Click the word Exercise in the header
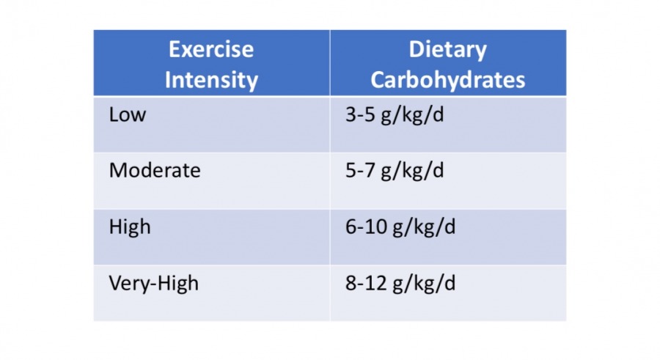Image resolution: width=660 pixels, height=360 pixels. tap(211, 50)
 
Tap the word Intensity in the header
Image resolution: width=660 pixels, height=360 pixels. tap(211, 79)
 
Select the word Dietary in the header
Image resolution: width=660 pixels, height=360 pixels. tap(447, 50)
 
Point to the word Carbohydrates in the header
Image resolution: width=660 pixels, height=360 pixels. tap(447, 79)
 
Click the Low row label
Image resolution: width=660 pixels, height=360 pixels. tap(127, 115)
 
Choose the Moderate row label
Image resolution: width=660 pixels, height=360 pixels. tap(154, 171)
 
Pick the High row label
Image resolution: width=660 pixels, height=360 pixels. tap(129, 227)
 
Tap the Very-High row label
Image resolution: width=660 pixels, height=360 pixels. tap(153, 283)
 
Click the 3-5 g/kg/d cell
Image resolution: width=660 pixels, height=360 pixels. tap(395, 116)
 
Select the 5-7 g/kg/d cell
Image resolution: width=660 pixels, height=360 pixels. tap(395, 172)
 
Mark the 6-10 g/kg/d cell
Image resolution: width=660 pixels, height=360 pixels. tap(400, 227)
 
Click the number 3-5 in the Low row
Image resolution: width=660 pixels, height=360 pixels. tap(359, 115)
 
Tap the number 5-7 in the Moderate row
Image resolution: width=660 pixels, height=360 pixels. tap(359, 171)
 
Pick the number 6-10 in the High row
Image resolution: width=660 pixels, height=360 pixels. tap(365, 227)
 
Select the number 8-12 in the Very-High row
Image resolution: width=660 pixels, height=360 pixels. tap(365, 283)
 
